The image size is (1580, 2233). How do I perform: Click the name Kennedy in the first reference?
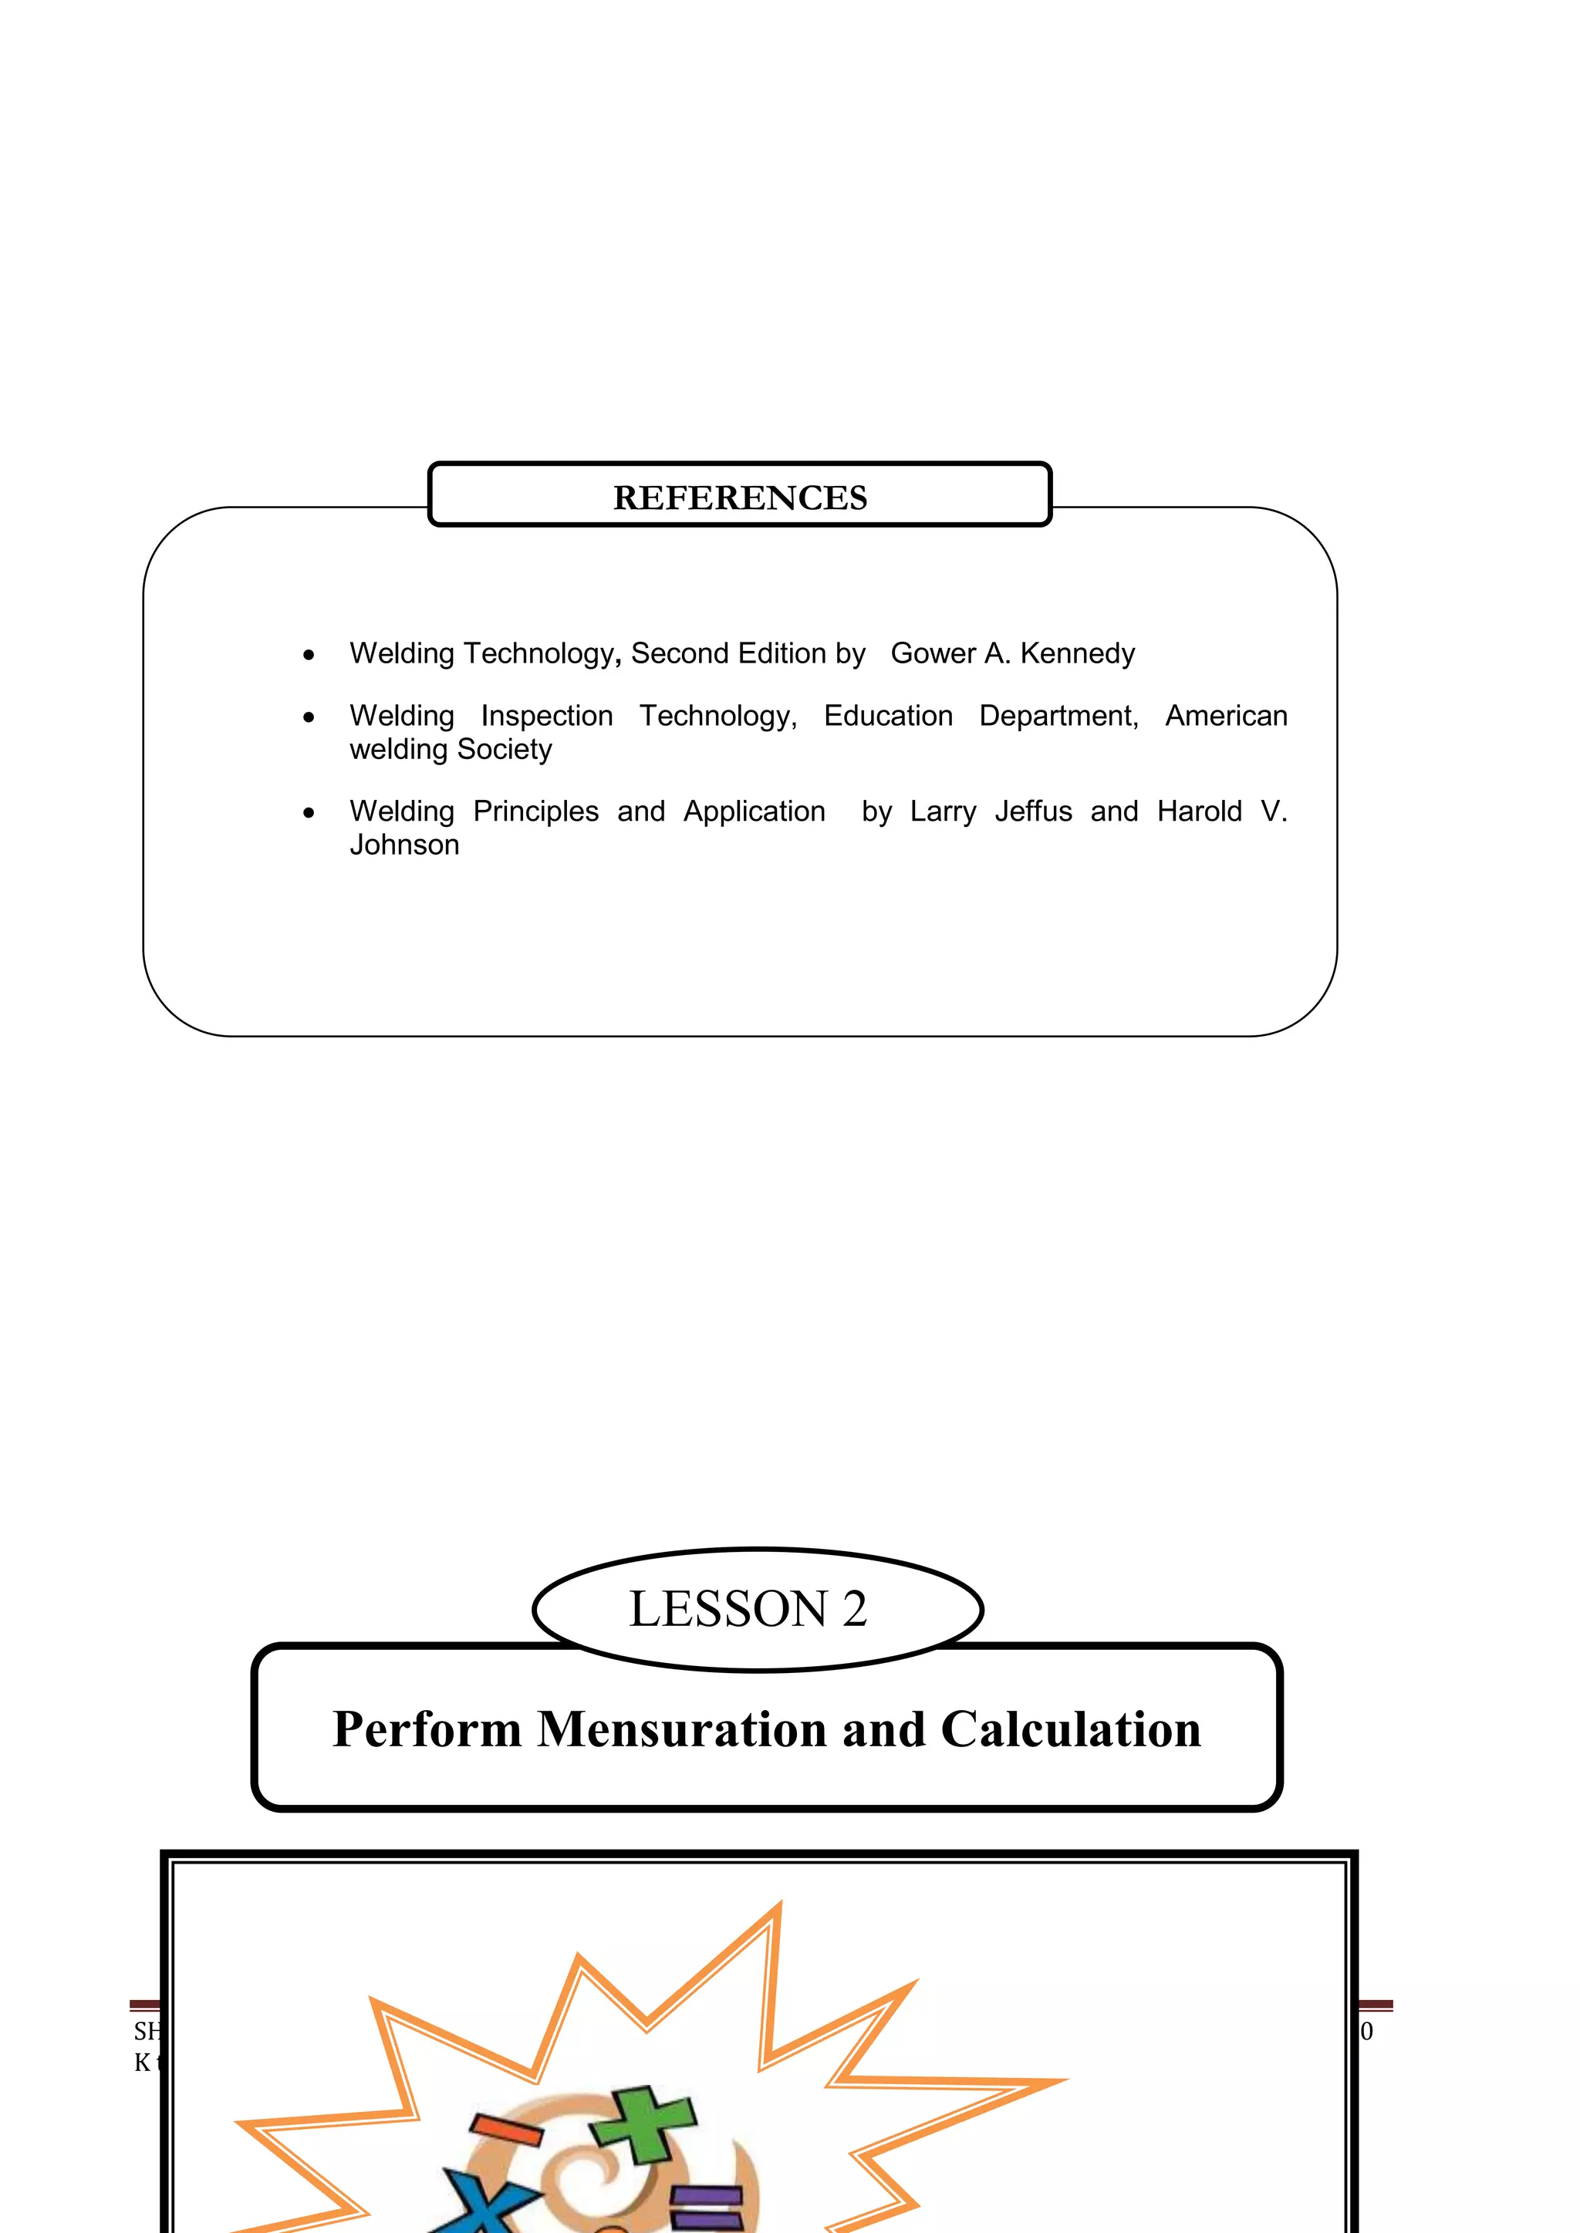tap(1077, 653)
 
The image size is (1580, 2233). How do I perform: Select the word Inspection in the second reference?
tap(547, 716)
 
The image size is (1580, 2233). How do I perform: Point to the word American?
tap(1226, 716)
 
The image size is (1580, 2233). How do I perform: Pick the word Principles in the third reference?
tap(536, 811)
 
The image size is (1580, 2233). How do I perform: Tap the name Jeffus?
tap(1033, 811)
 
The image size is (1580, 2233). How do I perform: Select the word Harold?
tap(1200, 811)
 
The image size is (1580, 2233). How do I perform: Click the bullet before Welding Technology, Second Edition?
tap(309, 656)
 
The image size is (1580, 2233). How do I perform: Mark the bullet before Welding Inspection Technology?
tap(309, 719)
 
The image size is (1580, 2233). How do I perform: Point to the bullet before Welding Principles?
tap(309, 814)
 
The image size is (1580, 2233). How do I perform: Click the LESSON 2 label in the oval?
tap(748, 1609)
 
